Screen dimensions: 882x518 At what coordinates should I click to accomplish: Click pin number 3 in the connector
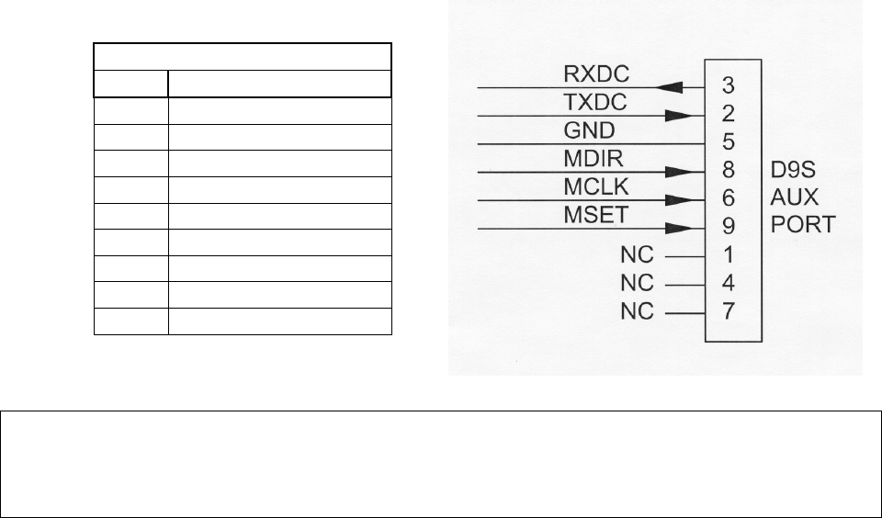[x=727, y=87]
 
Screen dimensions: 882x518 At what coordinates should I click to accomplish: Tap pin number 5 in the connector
[x=727, y=143]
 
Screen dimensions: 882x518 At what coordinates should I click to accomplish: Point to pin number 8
[x=727, y=171]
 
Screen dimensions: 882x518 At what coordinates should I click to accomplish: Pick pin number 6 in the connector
[x=727, y=199]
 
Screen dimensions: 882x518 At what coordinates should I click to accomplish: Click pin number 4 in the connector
[x=727, y=284]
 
